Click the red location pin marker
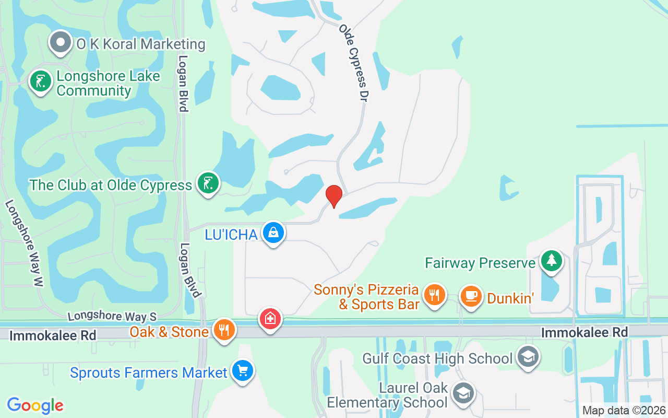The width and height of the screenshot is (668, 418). [x=334, y=196]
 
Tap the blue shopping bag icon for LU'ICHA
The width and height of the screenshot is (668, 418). [x=273, y=234]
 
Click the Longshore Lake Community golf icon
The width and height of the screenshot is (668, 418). [x=40, y=81]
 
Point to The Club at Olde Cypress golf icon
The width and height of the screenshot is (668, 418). [x=208, y=183]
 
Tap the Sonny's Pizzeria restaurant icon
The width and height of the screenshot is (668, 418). [x=434, y=295]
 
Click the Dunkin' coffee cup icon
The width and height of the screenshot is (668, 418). [x=471, y=296]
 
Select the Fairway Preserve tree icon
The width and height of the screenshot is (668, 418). [x=551, y=260]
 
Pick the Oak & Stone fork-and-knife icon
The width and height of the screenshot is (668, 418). [x=224, y=330]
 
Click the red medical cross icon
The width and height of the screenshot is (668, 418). [x=270, y=318]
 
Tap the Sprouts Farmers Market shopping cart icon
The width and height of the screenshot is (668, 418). [x=242, y=371]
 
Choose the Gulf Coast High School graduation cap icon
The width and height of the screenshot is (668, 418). [x=528, y=357]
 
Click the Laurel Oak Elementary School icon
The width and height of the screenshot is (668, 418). [x=463, y=393]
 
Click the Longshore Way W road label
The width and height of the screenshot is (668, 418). [x=24, y=243]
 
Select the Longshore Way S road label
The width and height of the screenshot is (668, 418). [x=112, y=316]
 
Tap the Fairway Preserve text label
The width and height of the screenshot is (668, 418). [x=480, y=262]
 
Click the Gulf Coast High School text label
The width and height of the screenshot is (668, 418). [x=437, y=358]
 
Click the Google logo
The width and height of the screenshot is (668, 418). [x=35, y=405]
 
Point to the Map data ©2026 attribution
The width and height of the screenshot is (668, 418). [x=624, y=411]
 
